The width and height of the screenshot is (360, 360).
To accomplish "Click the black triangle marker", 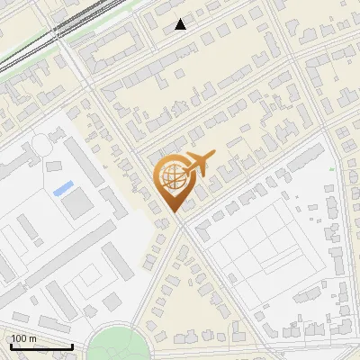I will click(x=181, y=24).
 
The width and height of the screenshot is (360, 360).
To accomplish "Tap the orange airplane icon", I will click(x=197, y=165).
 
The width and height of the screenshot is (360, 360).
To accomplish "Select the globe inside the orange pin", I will click(x=171, y=178).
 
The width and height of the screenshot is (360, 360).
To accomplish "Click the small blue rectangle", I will click(x=63, y=189).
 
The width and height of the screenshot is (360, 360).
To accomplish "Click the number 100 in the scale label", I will click(x=19, y=338).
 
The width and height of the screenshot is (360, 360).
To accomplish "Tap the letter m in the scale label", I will click(x=32, y=338).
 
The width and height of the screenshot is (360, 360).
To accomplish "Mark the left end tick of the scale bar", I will click(x=11, y=346).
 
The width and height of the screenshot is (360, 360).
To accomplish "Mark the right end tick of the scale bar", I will click(x=72, y=346).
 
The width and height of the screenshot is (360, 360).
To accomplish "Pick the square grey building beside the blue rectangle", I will click(x=78, y=203).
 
